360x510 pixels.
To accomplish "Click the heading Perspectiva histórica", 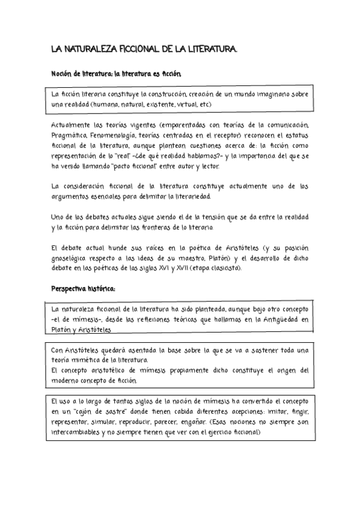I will pos(83,289).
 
